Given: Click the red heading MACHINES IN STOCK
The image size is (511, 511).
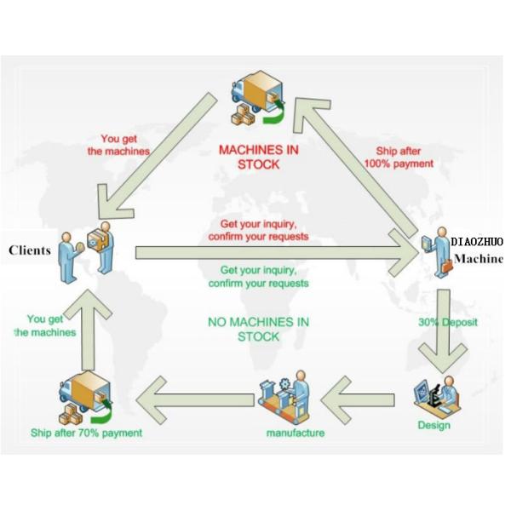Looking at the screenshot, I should pyautogui.click(x=259, y=157).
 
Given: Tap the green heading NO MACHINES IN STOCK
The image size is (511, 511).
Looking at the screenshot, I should pyautogui.click(x=258, y=329).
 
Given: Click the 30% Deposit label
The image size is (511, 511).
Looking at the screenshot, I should pyautogui.click(x=447, y=323).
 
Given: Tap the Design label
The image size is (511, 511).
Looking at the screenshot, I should pyautogui.click(x=433, y=425).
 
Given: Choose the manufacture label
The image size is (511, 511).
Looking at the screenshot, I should pyautogui.click(x=296, y=433).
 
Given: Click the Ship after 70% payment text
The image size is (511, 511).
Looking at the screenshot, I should pyautogui.click(x=86, y=433).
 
